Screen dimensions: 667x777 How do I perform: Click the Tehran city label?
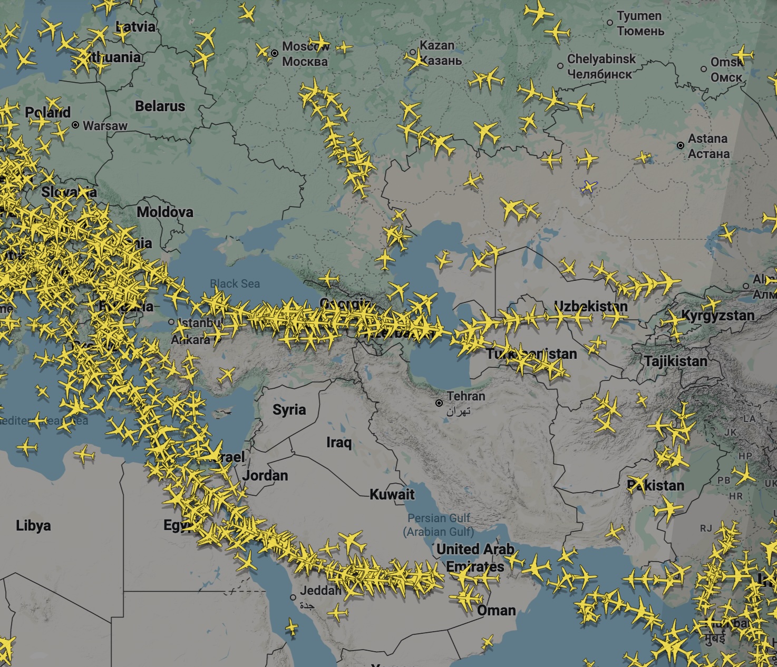pyautogui.click(x=465, y=396)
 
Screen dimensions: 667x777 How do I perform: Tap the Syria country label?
pyautogui.click(x=289, y=409)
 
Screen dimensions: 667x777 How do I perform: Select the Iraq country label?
pyautogui.click(x=338, y=442)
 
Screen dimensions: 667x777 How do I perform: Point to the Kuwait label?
pyautogui.click(x=392, y=494)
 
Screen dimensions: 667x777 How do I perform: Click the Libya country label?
pyautogui.click(x=33, y=525)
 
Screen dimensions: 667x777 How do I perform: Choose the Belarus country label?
pyautogui.click(x=160, y=106)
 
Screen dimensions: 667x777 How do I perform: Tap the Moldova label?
pyautogui.click(x=165, y=212)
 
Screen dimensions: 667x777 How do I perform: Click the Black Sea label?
pyautogui.click(x=235, y=284)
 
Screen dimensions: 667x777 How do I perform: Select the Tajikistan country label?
pyautogui.click(x=676, y=361)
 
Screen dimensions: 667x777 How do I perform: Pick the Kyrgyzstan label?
pyautogui.click(x=718, y=316)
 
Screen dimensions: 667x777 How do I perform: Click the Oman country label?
pyautogui.click(x=496, y=611)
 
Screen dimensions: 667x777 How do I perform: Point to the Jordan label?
pyautogui.click(x=266, y=476)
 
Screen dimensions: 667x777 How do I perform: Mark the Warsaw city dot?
pyautogui.click(x=75, y=125)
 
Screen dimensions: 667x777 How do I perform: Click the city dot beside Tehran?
pyautogui.click(x=439, y=403)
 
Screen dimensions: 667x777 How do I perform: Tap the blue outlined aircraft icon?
pyautogui.click(x=589, y=186)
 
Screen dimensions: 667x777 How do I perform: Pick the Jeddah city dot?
pyautogui.click(x=293, y=597)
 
